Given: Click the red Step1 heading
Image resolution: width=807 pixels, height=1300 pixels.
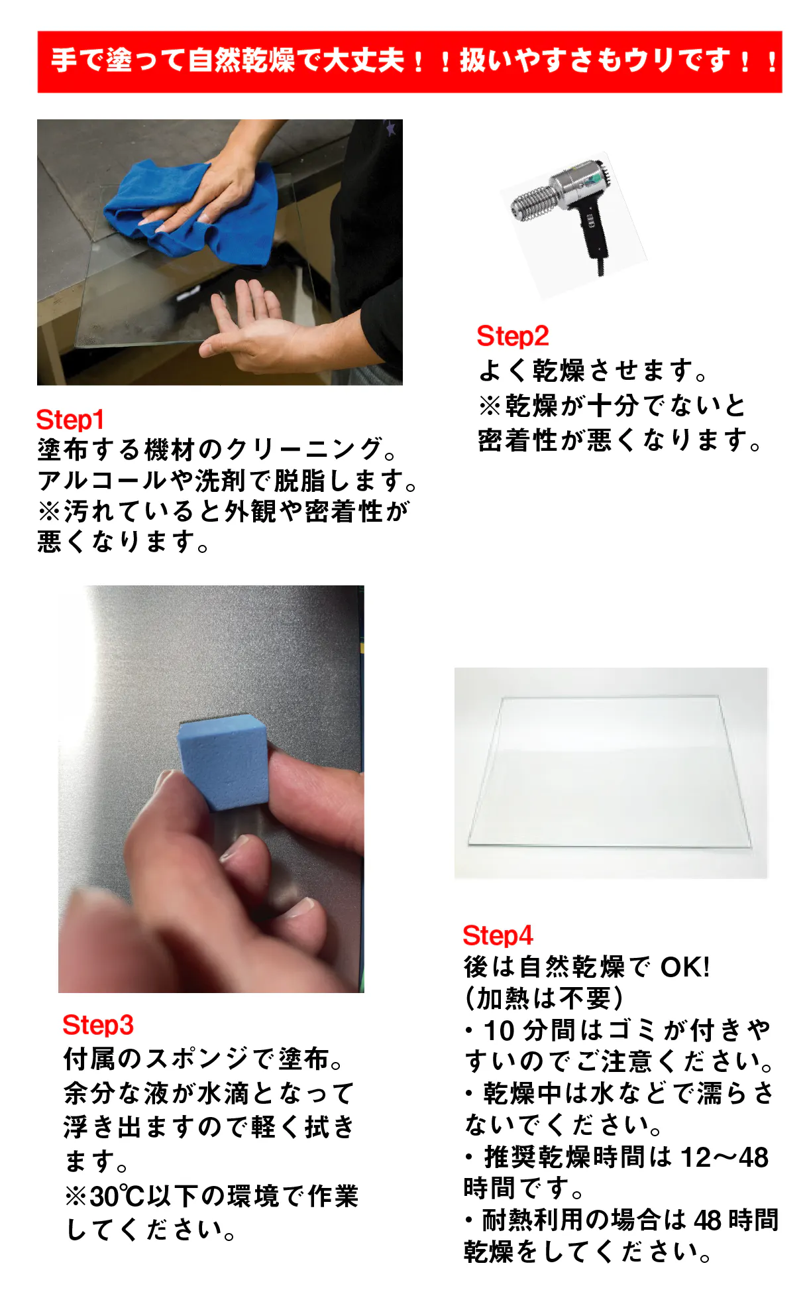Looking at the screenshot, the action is (x=70, y=420).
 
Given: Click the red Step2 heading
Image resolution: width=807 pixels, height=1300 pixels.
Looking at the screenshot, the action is (x=512, y=336).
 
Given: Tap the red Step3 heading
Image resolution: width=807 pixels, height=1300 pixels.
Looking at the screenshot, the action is (x=98, y=1025).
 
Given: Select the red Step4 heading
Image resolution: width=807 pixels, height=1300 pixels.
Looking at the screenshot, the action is (x=498, y=935).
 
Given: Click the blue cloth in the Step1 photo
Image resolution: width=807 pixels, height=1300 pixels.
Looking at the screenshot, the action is (x=192, y=209).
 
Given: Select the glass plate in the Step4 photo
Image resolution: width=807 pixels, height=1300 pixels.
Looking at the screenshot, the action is (x=610, y=772).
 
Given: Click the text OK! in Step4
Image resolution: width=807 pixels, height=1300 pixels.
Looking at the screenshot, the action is (x=685, y=967).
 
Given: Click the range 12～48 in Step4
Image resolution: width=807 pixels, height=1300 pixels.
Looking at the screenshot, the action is (x=725, y=1157).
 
